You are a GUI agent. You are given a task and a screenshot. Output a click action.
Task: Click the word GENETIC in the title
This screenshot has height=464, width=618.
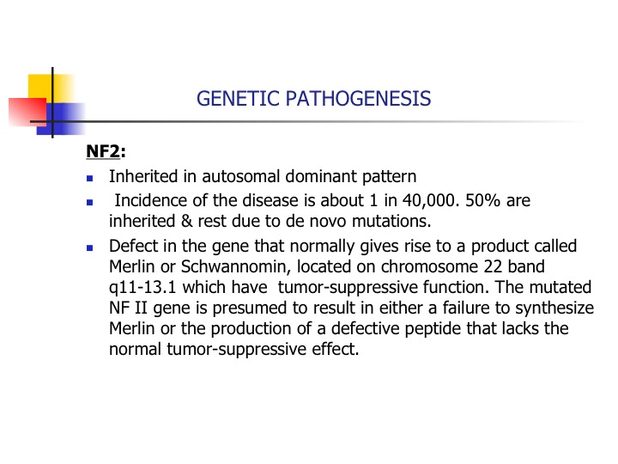[x=238, y=98]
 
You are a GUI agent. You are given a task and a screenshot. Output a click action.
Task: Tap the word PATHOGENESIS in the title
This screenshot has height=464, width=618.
[x=358, y=98]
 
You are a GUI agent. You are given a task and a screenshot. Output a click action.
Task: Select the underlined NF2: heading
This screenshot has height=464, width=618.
[x=106, y=151]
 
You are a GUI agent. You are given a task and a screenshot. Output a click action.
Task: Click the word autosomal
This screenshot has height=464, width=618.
[x=241, y=176]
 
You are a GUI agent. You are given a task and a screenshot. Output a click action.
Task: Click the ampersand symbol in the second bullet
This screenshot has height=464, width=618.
[x=186, y=222]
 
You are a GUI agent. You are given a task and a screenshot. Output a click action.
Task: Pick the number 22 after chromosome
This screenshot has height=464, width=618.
[x=493, y=266]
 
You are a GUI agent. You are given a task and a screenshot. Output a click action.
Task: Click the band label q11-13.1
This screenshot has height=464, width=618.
[x=142, y=288]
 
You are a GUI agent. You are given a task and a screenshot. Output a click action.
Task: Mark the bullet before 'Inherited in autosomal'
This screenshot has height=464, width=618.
[x=90, y=179]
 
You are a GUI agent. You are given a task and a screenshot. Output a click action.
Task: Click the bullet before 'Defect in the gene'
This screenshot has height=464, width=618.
[x=90, y=247]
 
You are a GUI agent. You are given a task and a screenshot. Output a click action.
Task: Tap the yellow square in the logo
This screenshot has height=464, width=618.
[x=51, y=88]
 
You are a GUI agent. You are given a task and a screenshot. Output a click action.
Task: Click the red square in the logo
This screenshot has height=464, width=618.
[x=27, y=112]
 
